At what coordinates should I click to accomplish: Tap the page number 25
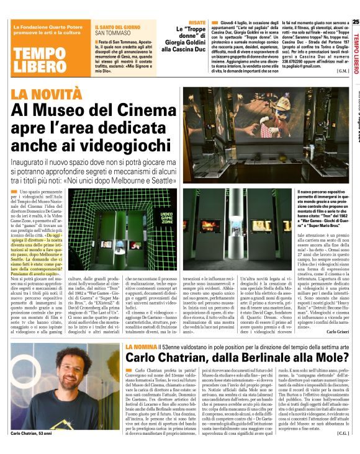pos(356,22)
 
